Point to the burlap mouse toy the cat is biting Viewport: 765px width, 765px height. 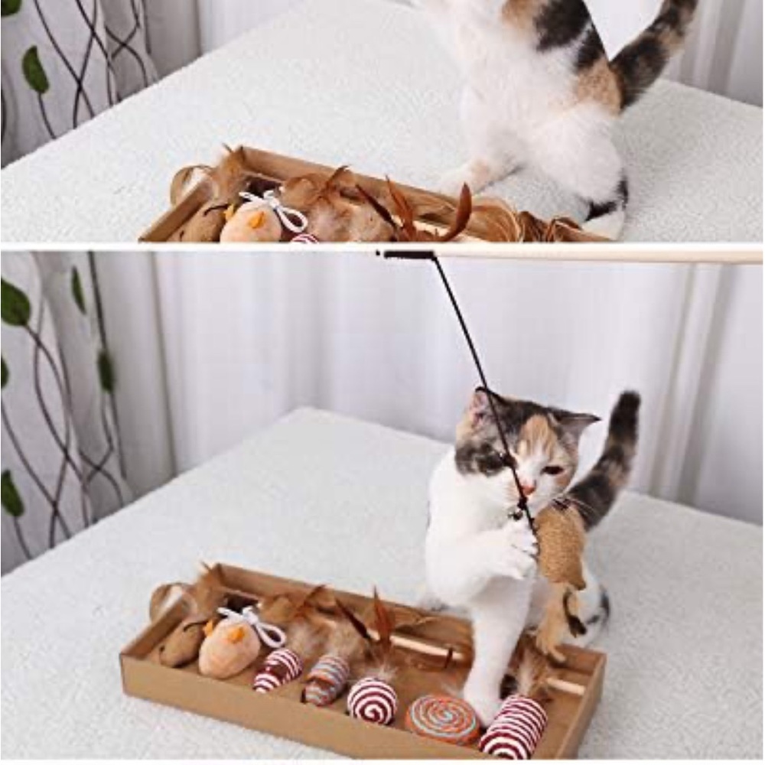click(561, 544)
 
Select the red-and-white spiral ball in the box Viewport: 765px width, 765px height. click(373, 699)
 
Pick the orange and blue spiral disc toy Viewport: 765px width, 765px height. click(442, 719)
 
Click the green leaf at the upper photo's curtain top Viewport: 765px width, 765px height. click(34, 70)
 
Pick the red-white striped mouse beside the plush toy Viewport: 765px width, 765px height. click(278, 668)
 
